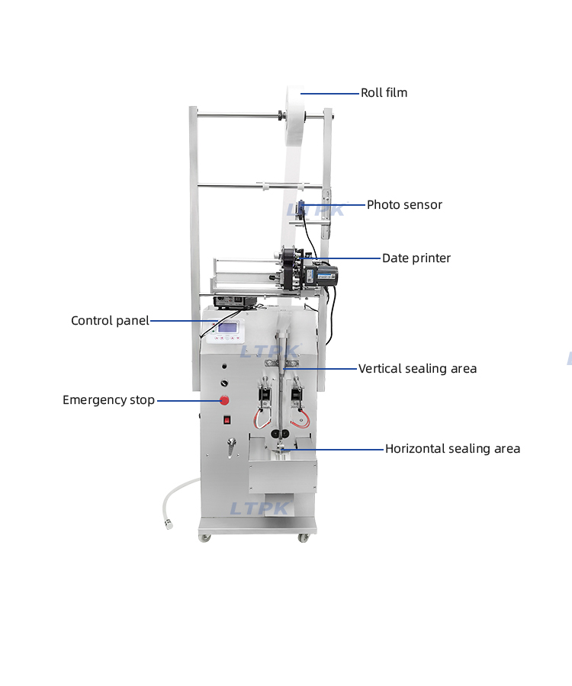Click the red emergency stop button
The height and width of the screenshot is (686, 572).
225,400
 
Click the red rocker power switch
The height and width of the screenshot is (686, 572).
227,419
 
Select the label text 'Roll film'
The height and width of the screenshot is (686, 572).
384,93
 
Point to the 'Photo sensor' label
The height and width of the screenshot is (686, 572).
404,205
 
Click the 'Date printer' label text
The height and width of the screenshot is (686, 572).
416,258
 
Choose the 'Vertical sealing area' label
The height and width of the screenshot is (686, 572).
418,369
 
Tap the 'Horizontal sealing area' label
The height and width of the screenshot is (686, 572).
452,449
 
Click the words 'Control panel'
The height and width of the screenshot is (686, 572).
110,321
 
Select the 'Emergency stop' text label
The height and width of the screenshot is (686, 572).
108,400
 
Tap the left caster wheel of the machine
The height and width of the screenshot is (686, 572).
204,537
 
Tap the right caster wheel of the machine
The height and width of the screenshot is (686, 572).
304,537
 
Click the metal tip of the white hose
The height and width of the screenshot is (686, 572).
169,524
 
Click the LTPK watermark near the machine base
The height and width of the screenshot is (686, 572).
259,508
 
